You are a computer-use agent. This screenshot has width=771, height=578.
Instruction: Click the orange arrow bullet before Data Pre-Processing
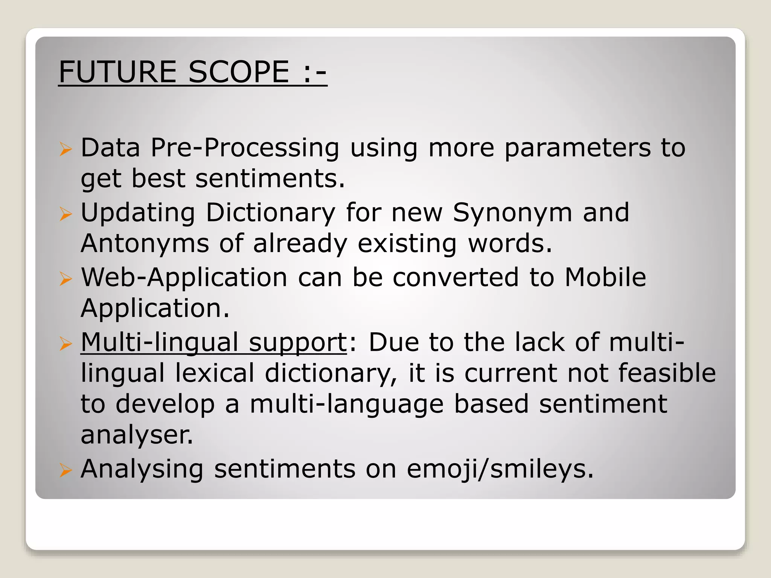point(66,149)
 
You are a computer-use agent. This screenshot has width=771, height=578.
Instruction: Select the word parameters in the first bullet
point(577,148)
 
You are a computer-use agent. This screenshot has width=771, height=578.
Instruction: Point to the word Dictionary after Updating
point(270,213)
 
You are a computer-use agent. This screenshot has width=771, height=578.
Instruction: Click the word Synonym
point(512,213)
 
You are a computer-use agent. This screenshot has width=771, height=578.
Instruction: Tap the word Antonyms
point(145,243)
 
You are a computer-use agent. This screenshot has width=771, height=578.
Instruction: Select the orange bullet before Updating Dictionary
point(66,214)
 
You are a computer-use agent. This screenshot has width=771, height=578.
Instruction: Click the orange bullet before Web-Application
point(66,279)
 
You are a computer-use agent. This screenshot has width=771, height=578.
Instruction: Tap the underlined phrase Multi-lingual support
point(213,343)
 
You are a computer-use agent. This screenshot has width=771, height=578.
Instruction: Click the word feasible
point(667,373)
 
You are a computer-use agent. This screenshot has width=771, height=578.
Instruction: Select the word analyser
point(137,435)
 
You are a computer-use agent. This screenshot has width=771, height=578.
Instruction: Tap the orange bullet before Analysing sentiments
point(66,470)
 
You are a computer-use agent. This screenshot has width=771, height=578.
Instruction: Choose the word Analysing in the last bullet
point(142,470)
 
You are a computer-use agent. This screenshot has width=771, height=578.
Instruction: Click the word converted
point(456,278)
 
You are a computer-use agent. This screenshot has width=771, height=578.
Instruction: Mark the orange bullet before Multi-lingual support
point(66,344)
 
